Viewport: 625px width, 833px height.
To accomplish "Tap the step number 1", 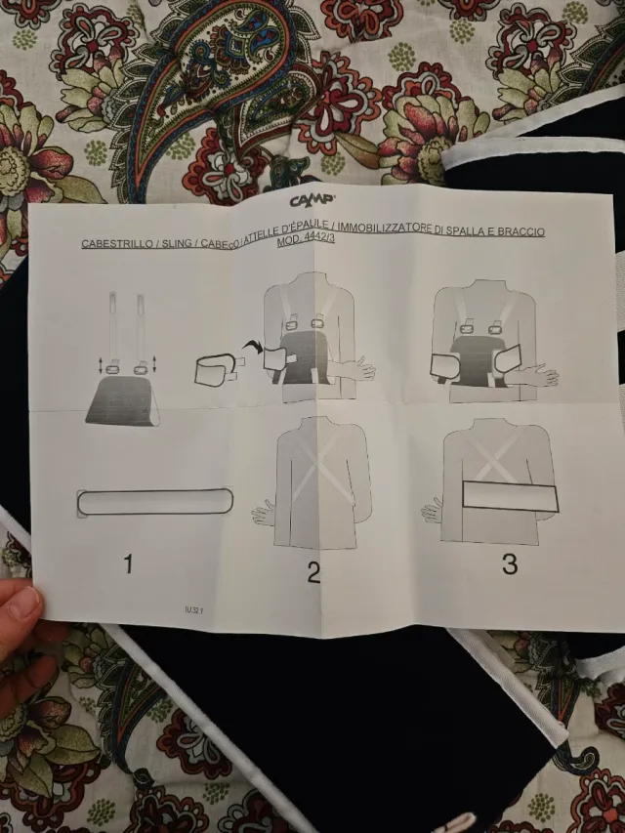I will click(128, 563).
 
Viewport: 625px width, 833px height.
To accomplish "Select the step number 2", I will click(312, 572).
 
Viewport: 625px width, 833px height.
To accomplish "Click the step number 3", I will click(509, 563).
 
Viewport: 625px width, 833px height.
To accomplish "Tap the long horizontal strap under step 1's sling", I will click(154, 502).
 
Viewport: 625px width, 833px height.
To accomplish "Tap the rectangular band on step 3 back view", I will click(509, 496).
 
